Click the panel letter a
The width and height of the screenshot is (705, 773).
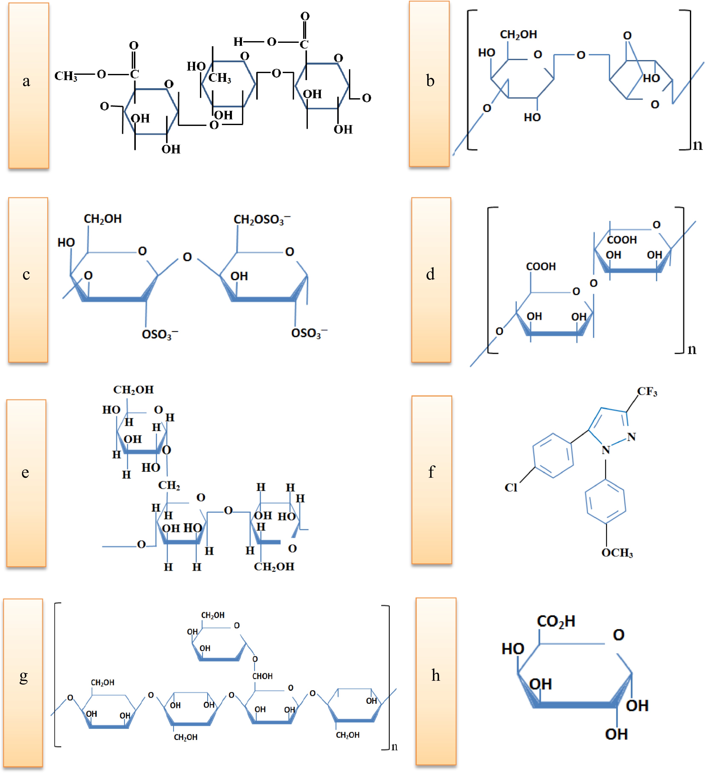[26, 81]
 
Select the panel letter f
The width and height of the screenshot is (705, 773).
[431, 472]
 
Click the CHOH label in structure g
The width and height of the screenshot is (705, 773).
[262, 676]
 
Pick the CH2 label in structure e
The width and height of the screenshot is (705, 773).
[169, 485]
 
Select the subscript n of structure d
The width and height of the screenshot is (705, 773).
[692, 349]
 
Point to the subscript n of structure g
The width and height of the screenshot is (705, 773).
[394, 747]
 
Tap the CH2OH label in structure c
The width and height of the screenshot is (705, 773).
[103, 219]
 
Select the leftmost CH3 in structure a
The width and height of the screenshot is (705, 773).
[66, 76]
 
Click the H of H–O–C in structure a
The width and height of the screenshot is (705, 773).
[238, 41]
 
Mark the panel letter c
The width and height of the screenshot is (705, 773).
[26, 275]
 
